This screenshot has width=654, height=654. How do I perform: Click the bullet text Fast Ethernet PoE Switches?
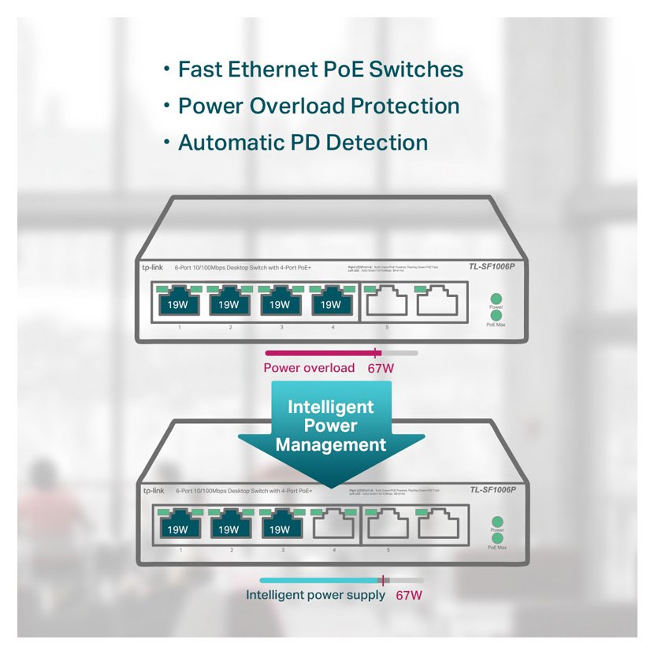(x=320, y=69)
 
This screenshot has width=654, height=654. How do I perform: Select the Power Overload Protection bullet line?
(x=318, y=106)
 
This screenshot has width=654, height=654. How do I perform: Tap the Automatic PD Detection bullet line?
(x=303, y=143)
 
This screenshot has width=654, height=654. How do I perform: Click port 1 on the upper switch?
(x=178, y=303)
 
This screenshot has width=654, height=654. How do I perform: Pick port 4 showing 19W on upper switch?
(x=326, y=303)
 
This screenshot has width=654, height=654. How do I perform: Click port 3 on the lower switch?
(x=281, y=527)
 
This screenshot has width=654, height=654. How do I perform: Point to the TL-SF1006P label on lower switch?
(x=492, y=490)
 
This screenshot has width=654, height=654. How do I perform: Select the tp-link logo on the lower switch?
(x=153, y=491)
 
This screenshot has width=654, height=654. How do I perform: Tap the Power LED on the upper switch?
(x=496, y=299)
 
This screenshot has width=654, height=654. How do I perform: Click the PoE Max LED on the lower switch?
(x=497, y=539)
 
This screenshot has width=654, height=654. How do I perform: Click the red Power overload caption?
(x=309, y=368)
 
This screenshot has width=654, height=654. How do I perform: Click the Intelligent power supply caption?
(x=315, y=595)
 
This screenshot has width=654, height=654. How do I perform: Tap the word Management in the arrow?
(x=331, y=445)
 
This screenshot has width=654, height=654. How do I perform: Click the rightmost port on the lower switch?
(x=437, y=527)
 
